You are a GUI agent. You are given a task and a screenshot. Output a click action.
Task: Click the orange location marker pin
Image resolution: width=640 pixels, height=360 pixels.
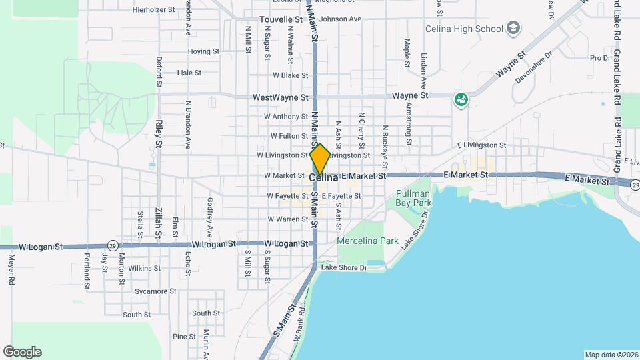(x=320, y=159)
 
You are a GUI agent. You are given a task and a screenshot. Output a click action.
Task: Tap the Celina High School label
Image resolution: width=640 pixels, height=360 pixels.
(x=465, y=28)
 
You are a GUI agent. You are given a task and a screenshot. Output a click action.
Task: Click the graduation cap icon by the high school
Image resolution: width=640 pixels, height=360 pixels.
(x=513, y=28)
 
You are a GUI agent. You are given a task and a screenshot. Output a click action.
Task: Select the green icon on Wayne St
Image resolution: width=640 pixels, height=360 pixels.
(x=460, y=100)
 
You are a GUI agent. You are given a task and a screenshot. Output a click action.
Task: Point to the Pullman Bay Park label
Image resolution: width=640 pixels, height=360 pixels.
(x=414, y=197)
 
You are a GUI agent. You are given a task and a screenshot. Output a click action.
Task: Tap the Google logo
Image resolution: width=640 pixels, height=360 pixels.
(x=22, y=352)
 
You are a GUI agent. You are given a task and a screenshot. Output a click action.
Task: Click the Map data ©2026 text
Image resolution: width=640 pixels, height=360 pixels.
(x=611, y=355)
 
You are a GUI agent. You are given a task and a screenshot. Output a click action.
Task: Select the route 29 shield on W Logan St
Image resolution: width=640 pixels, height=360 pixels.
(x=113, y=246)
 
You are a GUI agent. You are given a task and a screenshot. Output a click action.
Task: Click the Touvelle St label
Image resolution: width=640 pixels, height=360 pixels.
(x=281, y=19)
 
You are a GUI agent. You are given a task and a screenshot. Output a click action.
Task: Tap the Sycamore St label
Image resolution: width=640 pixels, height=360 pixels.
(x=155, y=291)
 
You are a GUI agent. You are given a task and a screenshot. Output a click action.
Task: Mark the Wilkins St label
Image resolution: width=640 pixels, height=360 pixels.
(x=145, y=268)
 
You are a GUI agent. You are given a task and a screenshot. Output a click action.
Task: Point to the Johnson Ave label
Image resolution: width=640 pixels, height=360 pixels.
(x=340, y=19)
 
